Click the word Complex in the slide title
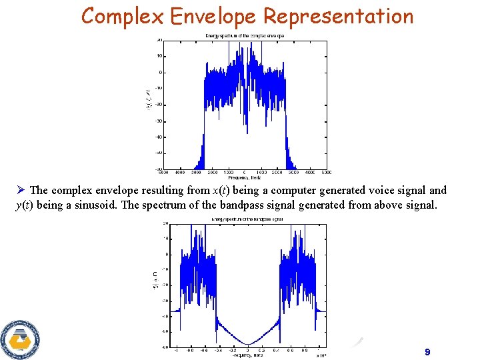(122, 15)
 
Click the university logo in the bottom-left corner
(20, 339)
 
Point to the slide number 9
(427, 351)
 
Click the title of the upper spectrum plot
(243, 35)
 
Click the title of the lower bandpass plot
(247, 218)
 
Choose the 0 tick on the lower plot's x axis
(247, 349)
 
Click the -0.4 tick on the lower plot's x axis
(219, 349)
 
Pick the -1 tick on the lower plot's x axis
(175, 349)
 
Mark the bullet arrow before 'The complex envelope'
(21, 191)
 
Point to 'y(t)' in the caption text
(25, 205)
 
